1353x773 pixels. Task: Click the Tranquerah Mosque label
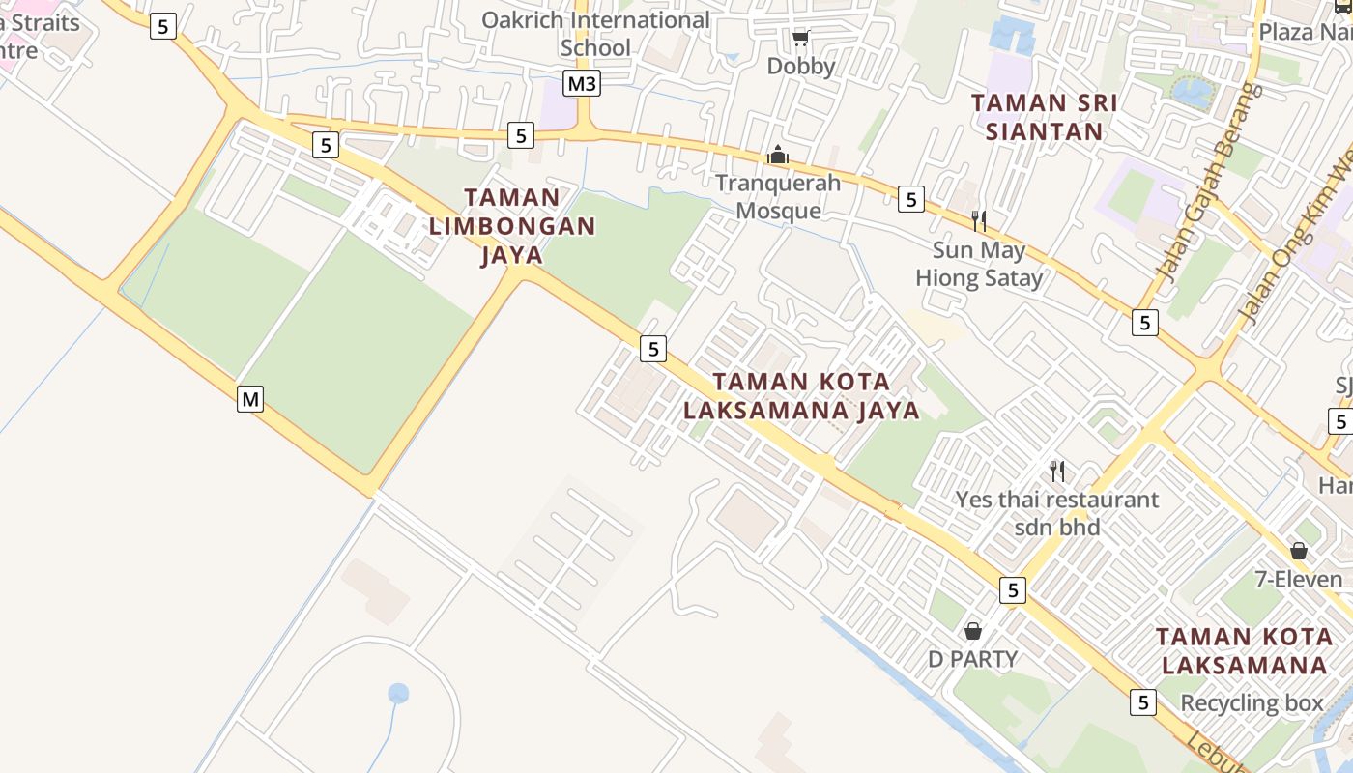(778, 197)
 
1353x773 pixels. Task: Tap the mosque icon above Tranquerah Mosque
(778, 155)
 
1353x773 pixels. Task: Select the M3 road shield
(582, 84)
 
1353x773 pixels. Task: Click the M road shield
(250, 398)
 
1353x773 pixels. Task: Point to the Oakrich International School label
(595, 34)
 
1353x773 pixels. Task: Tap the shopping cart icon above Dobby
(800, 38)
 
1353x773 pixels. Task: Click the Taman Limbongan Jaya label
(512, 226)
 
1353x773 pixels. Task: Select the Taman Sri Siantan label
(1044, 117)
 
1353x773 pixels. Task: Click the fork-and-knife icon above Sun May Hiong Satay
(979, 221)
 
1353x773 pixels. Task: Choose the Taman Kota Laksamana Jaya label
(801, 396)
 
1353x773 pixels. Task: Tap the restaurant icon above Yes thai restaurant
(1057, 472)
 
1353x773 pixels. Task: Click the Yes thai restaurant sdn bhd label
(1057, 513)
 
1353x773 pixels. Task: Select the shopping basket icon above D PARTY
(973, 631)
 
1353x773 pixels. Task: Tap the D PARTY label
(972, 659)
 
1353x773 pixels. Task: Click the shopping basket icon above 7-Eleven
(1299, 551)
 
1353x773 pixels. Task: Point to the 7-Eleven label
(1299, 580)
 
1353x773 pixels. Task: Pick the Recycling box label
(1252, 703)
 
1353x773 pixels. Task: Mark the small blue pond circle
(398, 693)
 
